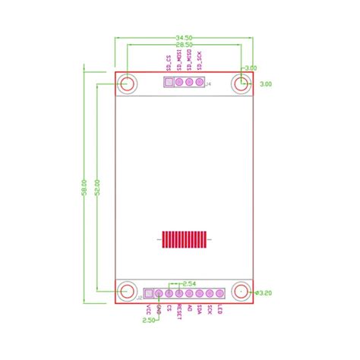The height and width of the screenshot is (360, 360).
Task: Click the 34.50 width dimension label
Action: point(183,37)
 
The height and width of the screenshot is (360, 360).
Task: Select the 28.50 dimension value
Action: point(183,46)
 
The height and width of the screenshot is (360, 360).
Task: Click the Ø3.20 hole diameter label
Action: point(264,292)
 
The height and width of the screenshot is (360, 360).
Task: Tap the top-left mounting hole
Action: point(127,84)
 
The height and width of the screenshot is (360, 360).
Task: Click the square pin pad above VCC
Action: point(148,293)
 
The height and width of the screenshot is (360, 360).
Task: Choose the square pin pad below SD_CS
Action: point(169,83)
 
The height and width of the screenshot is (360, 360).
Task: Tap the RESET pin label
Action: point(179,311)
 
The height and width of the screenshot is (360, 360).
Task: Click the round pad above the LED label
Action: point(219,293)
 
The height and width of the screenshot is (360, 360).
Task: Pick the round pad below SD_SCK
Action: point(199,83)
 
